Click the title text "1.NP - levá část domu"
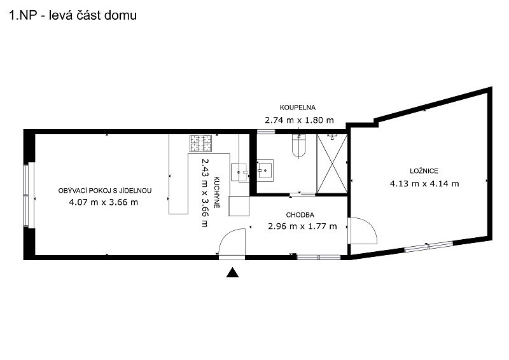[x=73, y=15]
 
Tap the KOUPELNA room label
[x=298, y=107]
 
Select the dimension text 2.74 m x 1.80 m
[x=299, y=120]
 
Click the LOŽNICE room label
[x=424, y=170]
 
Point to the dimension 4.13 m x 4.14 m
[x=424, y=184]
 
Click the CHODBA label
[x=300, y=215]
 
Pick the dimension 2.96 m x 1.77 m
[x=302, y=226]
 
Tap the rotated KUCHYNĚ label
[x=217, y=192]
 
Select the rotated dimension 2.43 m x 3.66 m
[x=205, y=193]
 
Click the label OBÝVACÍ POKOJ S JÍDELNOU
[x=105, y=191]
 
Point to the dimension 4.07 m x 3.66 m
[x=104, y=202]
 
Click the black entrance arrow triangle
[x=232, y=272]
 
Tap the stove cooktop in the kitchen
[x=200, y=143]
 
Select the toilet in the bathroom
[x=299, y=146]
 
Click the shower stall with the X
[x=331, y=164]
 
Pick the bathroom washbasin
[x=265, y=170]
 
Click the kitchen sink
[x=240, y=172]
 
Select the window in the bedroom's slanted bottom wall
[x=428, y=246]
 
